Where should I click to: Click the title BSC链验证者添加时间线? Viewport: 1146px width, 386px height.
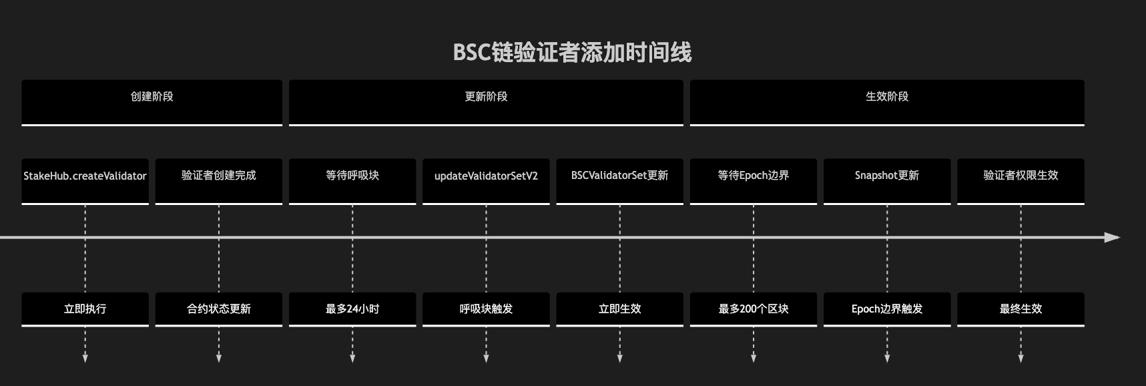[572, 52]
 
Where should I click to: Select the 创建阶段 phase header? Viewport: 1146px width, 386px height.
[152, 102]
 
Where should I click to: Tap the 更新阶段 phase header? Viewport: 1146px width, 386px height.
[486, 102]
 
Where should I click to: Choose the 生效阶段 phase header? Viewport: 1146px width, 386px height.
[887, 102]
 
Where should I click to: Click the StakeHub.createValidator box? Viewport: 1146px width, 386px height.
[85, 180]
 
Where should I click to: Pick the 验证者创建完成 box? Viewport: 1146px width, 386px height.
[219, 180]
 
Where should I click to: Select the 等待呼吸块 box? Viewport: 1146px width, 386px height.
[352, 180]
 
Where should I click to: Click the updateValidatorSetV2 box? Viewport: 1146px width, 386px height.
[486, 180]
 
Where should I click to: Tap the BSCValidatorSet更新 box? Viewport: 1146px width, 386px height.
[619, 180]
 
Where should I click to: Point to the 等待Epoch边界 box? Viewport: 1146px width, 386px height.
[754, 180]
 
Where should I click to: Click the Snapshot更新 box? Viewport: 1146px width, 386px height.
[887, 180]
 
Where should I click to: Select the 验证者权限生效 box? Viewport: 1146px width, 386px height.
[1021, 180]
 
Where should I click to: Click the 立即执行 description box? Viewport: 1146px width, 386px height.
[85, 309]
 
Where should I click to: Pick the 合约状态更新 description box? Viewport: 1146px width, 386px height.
[219, 309]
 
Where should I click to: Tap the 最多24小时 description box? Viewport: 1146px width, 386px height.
[352, 309]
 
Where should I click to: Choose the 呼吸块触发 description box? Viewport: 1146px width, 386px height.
[486, 309]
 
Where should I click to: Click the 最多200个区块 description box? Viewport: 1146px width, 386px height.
[754, 309]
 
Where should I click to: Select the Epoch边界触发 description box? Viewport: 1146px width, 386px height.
[887, 309]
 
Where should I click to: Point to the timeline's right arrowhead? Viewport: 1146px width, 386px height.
[1112, 237]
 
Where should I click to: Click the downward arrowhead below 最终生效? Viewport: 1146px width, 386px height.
[1021, 358]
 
